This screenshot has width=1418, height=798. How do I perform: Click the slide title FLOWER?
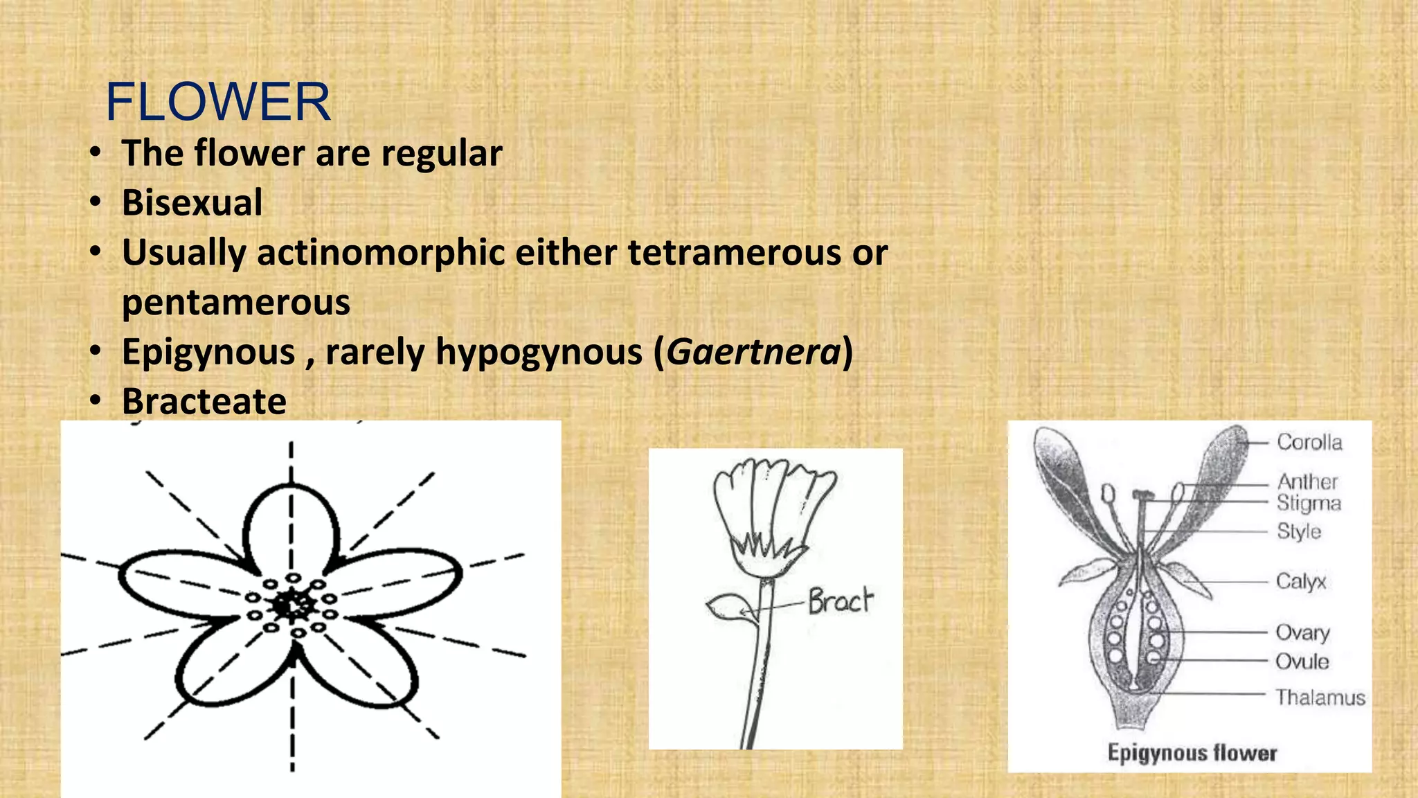tap(218, 102)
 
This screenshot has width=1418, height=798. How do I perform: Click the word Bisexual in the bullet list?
tap(192, 202)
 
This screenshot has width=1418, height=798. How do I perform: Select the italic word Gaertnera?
tap(753, 352)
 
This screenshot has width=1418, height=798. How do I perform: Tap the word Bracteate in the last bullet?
tap(204, 401)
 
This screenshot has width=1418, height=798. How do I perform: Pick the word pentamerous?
tap(236, 303)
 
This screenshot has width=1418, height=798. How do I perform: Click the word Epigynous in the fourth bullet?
tap(208, 352)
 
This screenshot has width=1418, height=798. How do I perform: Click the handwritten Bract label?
tap(840, 600)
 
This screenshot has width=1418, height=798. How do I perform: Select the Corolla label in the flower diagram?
tap(1309, 442)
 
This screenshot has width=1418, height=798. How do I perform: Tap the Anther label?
tap(1307, 481)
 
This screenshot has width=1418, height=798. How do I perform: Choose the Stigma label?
tap(1309, 503)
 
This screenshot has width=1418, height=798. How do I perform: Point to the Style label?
tap(1299, 531)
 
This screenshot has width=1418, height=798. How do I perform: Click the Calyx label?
tap(1301, 581)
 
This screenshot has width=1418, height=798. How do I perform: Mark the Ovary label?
tap(1302, 632)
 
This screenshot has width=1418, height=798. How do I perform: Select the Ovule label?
tap(1302, 662)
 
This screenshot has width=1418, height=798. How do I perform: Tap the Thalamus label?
tap(1320, 697)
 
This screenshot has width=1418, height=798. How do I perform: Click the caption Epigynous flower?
tap(1192, 753)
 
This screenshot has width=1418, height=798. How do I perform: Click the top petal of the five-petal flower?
tap(291, 526)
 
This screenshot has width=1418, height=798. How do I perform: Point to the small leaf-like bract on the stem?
tap(726, 608)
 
